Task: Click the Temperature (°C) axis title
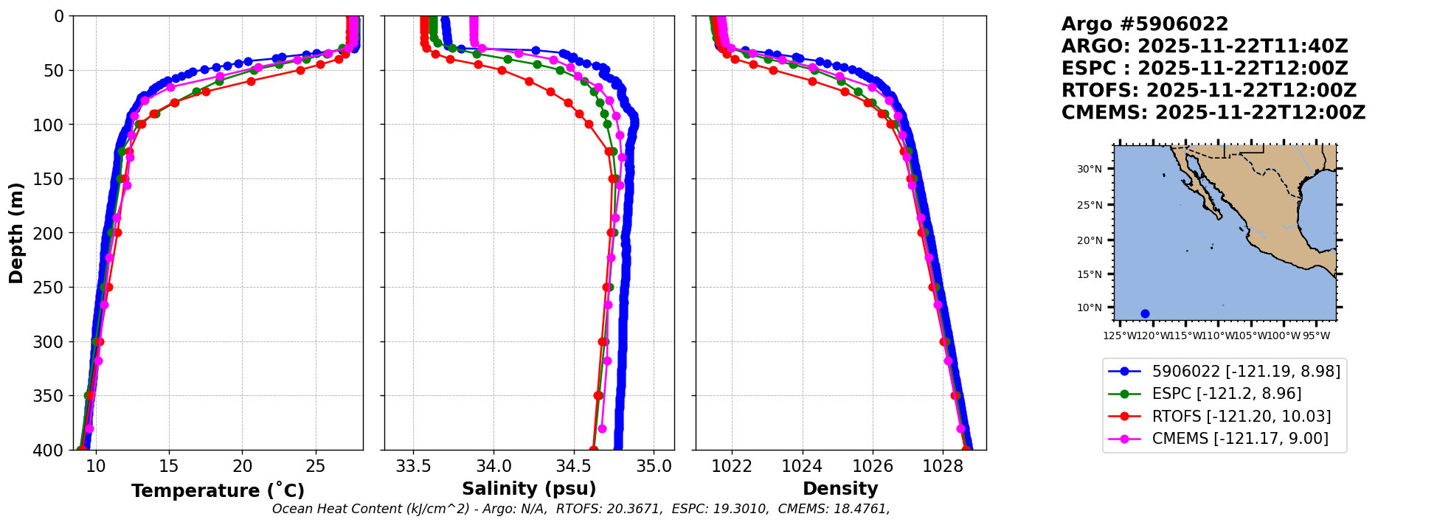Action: (218, 491)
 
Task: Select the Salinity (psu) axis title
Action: (529, 489)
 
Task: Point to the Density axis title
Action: (840, 489)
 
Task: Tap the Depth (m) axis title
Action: (16, 233)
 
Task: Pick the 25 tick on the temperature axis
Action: (315, 467)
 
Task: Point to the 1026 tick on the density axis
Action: (873, 467)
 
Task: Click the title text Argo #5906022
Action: (1144, 24)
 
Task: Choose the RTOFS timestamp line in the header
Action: (1208, 91)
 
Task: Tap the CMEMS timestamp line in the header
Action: (1213, 113)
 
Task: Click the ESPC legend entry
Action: (1226, 394)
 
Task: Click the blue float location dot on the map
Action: (1145, 313)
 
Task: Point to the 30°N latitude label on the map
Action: (1090, 169)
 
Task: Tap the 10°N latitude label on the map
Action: (1090, 307)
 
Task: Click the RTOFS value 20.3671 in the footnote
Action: (637, 509)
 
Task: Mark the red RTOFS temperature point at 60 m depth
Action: (251, 81)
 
